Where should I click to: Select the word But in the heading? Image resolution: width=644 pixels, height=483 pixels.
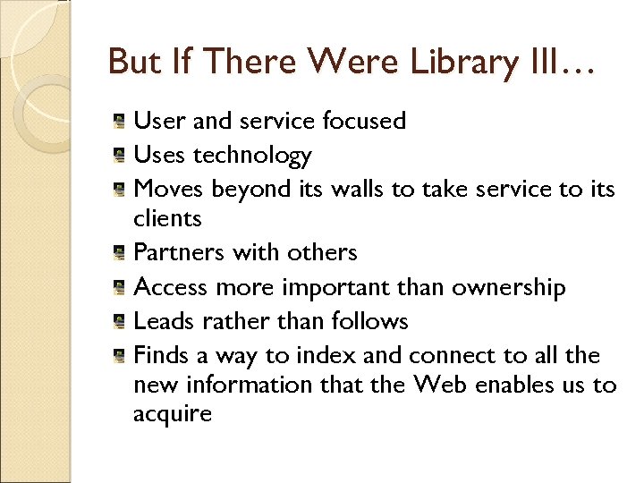133,63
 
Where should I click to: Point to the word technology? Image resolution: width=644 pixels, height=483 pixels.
253,156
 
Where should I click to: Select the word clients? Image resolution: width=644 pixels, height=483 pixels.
167,218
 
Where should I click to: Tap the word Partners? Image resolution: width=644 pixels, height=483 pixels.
179,253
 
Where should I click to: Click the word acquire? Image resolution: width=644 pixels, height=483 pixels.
173,413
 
